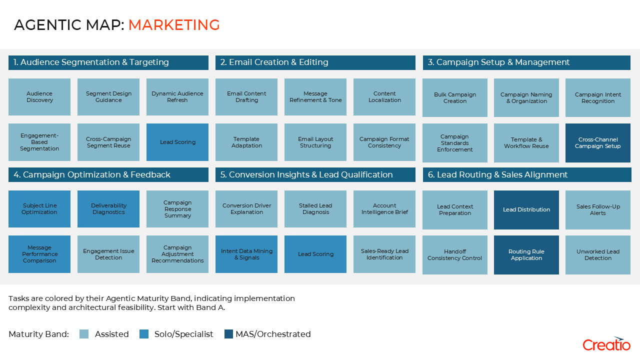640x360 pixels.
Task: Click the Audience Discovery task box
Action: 39,97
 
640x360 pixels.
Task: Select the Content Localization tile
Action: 384,97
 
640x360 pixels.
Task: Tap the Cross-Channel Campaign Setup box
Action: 597,143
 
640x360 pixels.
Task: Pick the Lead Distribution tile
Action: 526,209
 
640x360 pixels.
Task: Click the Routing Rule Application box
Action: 526,255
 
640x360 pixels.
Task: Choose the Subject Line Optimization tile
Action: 39,209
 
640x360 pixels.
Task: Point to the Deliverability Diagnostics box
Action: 108,209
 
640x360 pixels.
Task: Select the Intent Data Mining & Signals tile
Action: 246,254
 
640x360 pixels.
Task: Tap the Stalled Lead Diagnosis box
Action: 315,209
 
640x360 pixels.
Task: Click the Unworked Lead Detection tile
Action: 597,255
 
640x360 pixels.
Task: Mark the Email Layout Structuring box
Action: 315,142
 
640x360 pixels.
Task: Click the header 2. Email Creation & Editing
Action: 315,62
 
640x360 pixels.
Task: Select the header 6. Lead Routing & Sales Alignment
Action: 527,174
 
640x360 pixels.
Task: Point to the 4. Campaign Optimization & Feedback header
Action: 108,174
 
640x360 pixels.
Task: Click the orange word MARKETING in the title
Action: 174,25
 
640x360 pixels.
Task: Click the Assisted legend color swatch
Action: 84,334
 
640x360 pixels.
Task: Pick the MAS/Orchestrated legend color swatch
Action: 228,334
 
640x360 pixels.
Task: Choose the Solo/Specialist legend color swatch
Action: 144,334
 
